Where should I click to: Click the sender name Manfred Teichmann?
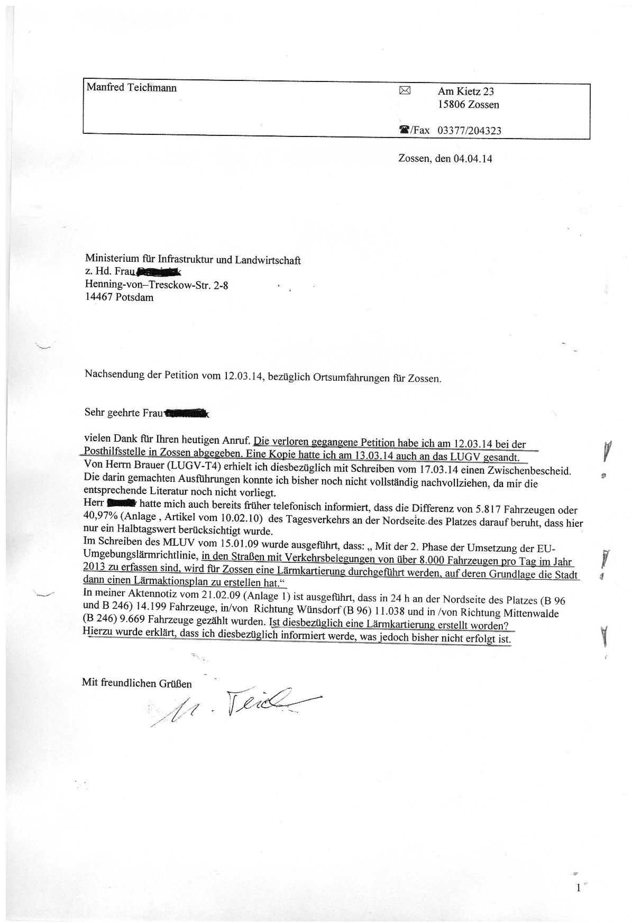click(132, 88)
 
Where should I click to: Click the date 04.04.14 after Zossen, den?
click(473, 158)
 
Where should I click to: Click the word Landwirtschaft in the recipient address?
click(269, 260)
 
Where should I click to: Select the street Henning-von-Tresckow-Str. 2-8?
click(157, 286)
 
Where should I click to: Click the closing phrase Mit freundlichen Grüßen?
click(137, 683)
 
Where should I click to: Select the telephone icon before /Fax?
click(405, 130)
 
